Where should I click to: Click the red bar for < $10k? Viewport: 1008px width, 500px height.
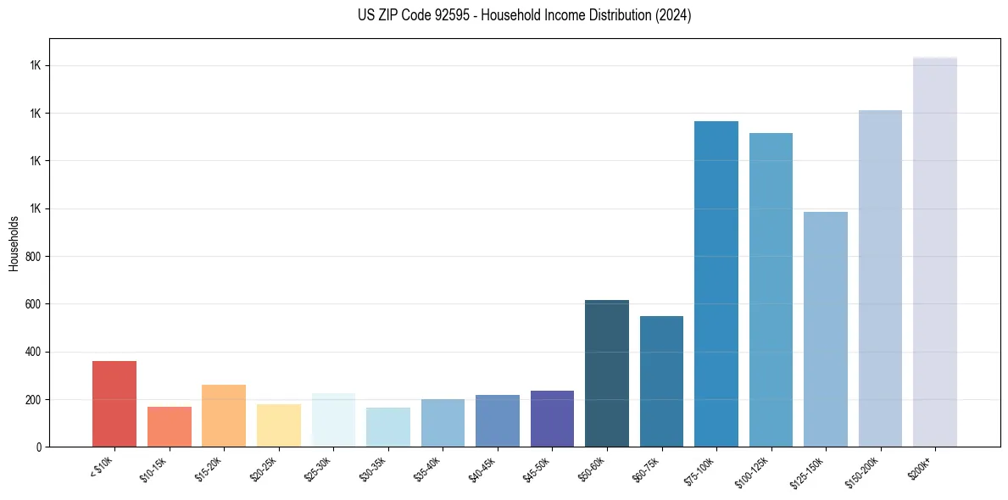[114, 403]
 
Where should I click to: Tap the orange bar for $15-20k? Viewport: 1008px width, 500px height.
[224, 415]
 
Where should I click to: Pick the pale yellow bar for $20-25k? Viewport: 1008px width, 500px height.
[279, 425]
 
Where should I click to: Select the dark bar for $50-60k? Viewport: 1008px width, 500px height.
[607, 373]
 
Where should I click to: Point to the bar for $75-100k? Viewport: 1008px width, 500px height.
[716, 284]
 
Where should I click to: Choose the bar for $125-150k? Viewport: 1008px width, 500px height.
[826, 329]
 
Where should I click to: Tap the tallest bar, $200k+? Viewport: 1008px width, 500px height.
[935, 252]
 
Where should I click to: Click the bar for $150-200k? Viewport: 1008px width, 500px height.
[880, 278]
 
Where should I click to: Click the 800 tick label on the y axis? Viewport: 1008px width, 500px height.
[33, 257]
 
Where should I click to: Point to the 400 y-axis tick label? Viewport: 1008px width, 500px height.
[33, 352]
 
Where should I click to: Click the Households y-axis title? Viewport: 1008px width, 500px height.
[14, 243]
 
